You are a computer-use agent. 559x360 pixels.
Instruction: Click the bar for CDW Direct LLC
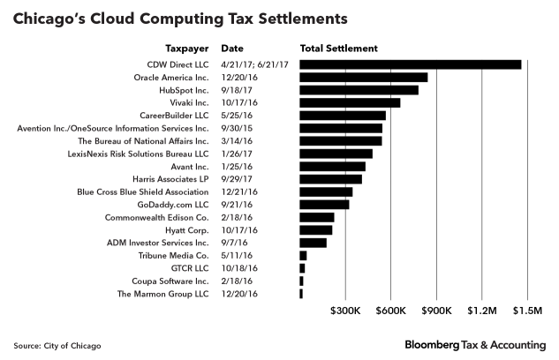(x=411, y=64)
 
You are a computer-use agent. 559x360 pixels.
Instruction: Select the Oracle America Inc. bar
(x=364, y=77)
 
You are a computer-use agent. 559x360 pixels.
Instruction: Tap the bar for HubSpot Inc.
(x=359, y=90)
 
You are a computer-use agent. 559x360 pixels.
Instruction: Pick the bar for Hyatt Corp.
(x=316, y=229)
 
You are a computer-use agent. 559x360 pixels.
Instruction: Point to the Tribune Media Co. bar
(x=303, y=255)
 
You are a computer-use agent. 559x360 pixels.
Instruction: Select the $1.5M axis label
(x=528, y=311)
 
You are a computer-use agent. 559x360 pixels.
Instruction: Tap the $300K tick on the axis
(x=344, y=311)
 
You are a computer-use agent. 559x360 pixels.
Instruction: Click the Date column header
(x=232, y=48)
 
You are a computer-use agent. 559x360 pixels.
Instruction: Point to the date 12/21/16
(x=238, y=191)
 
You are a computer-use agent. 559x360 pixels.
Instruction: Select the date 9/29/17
(x=236, y=179)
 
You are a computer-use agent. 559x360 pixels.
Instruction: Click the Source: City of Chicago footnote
(x=57, y=344)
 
